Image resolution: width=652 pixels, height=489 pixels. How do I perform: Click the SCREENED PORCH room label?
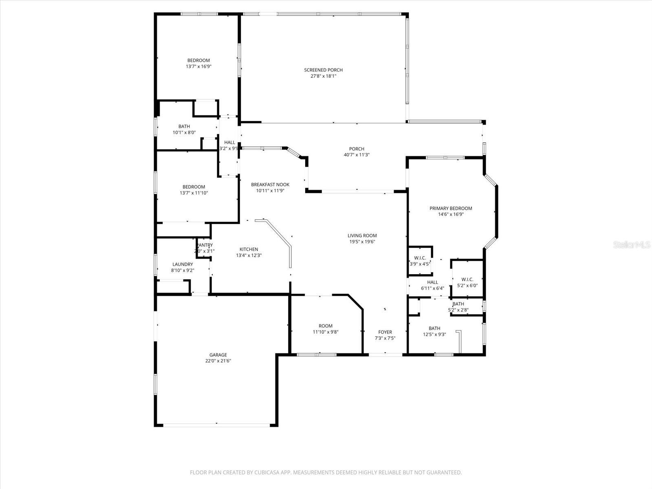(323, 70)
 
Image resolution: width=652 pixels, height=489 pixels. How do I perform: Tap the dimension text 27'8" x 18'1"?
(323, 76)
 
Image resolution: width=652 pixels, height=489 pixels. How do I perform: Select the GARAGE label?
(218, 355)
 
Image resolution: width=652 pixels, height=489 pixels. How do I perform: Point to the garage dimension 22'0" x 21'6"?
(218, 361)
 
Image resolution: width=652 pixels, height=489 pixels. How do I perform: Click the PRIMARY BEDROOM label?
(451, 208)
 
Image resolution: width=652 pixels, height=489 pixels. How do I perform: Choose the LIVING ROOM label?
(362, 236)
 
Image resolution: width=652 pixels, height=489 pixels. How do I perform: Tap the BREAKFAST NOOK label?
(270, 185)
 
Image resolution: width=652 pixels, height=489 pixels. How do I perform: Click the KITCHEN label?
(249, 249)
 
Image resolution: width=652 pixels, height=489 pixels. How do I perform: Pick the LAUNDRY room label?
(183, 264)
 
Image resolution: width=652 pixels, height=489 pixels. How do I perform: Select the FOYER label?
(385, 332)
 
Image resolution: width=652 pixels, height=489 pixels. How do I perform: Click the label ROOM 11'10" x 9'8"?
(326, 326)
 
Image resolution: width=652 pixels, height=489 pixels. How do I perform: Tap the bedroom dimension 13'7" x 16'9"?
(198, 66)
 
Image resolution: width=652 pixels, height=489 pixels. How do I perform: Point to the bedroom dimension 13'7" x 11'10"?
(194, 193)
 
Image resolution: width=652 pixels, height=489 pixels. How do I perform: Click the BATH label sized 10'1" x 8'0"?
(184, 127)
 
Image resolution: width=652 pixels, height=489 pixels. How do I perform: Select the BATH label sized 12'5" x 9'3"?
(434, 328)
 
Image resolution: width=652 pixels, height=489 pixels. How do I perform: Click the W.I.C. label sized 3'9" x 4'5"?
(420, 258)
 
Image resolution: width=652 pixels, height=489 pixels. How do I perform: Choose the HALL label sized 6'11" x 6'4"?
(432, 282)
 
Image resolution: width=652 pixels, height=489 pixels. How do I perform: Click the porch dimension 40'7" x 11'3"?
(357, 155)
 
